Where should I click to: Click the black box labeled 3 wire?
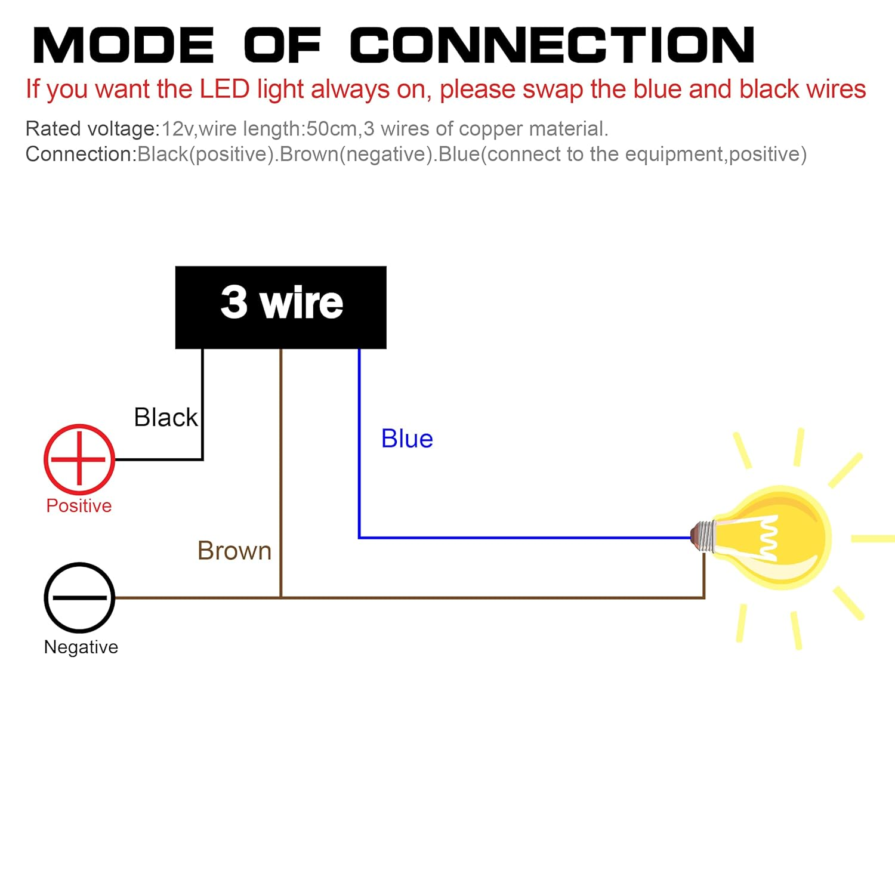[x=280, y=307]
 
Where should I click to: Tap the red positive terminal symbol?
[x=79, y=459]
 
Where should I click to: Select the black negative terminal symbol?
[x=79, y=597]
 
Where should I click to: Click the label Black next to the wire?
[x=165, y=417]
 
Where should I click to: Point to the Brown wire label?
[x=234, y=550]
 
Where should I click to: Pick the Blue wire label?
[x=407, y=439]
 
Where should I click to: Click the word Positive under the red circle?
[x=79, y=505]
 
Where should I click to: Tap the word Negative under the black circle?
[x=81, y=647]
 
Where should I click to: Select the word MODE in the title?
[x=123, y=45]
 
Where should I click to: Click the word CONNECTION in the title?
[x=552, y=45]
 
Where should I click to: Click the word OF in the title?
[x=282, y=45]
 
